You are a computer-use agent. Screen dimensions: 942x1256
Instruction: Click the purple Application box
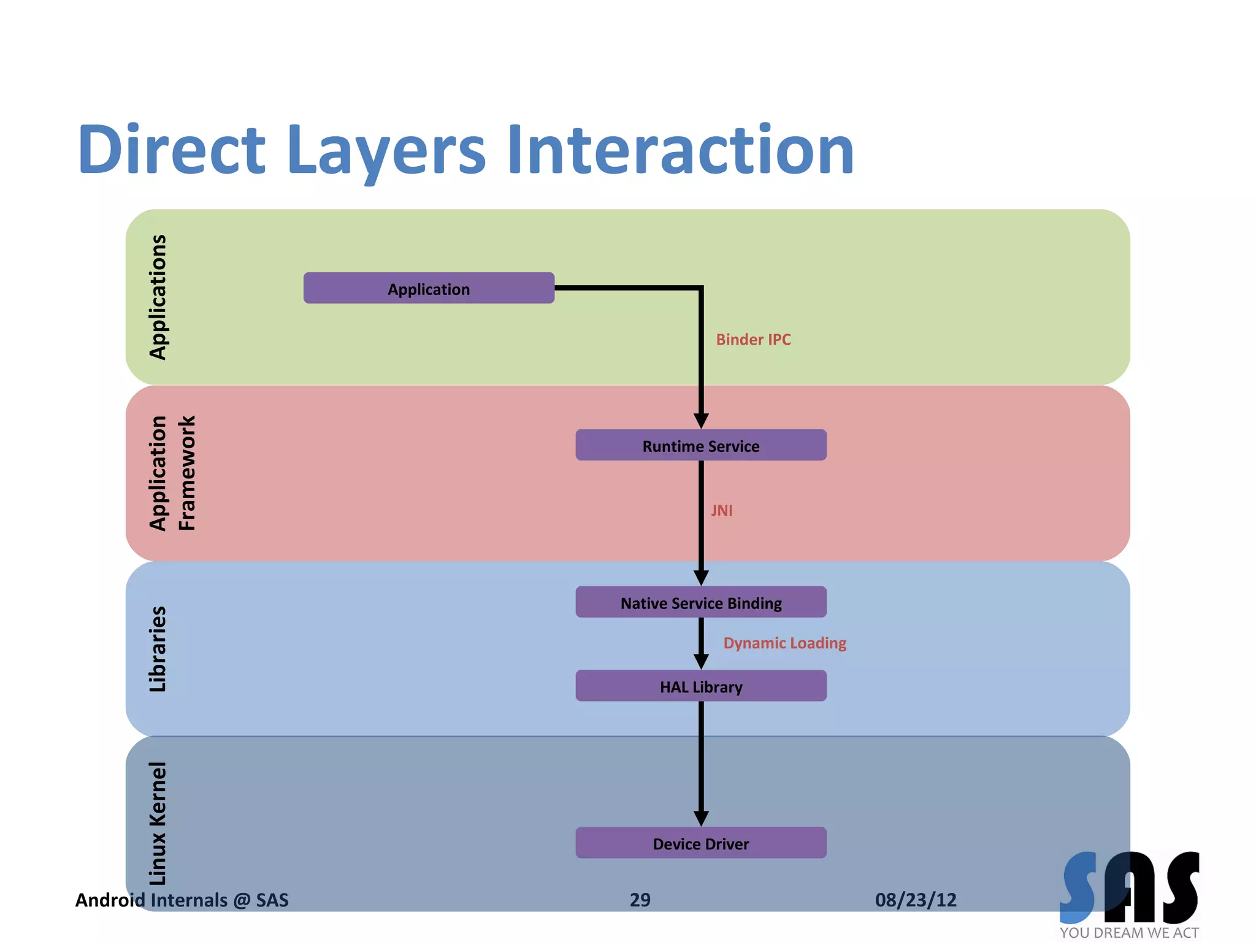pos(429,288)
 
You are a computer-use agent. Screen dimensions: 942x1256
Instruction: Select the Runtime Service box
pos(700,445)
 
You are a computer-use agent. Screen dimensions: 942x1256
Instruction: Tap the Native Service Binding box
pos(700,602)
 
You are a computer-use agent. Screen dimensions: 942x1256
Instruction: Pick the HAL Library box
pos(700,686)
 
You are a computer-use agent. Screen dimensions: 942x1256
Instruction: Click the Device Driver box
pos(700,843)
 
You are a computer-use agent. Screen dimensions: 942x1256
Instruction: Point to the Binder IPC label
pos(753,339)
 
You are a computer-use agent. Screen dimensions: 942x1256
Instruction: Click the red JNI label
pos(721,510)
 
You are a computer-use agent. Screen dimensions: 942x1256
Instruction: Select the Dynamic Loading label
pos(784,643)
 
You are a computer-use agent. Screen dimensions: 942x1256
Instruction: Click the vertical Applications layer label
pos(158,297)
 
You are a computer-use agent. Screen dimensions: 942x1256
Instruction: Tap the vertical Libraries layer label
pos(158,649)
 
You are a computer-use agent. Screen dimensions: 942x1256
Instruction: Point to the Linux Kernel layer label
pos(158,823)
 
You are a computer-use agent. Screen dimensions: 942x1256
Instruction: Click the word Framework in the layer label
pos(186,473)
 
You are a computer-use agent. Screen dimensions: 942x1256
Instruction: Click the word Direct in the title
pos(171,150)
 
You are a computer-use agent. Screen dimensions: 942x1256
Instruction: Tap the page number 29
pos(640,900)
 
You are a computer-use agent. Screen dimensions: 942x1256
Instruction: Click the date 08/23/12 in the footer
pos(916,900)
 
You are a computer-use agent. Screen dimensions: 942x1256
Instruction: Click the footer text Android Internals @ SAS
pos(182,900)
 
